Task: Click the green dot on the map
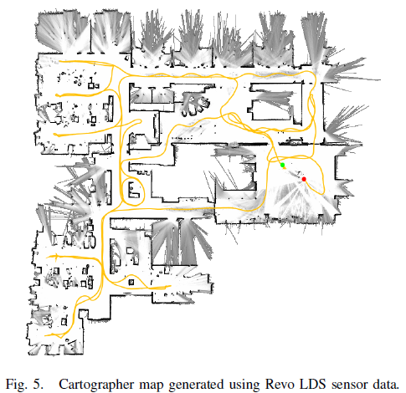point(283,166)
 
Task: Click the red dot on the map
point(305,180)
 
